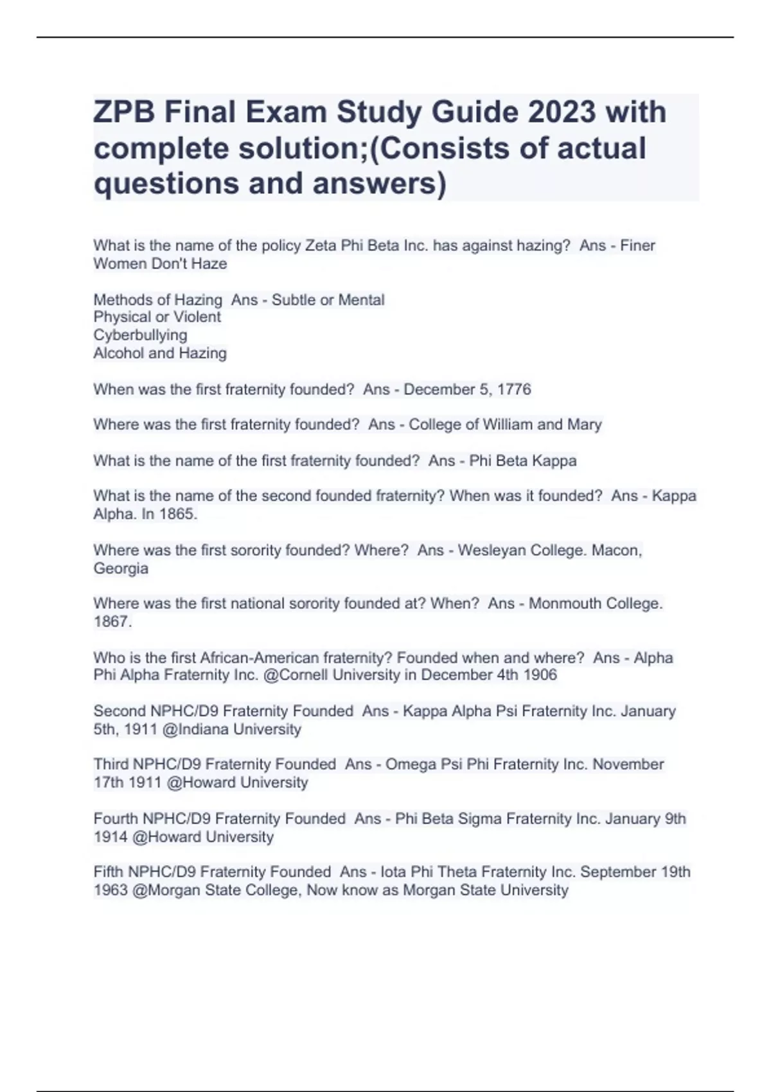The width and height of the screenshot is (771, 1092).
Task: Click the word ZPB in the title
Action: [x=123, y=113]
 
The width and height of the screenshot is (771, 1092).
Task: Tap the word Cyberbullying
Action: [x=140, y=335]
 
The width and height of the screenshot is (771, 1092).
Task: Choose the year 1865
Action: [x=178, y=514]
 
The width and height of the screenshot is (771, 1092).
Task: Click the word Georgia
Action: [x=121, y=568]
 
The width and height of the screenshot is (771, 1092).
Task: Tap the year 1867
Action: [x=112, y=622]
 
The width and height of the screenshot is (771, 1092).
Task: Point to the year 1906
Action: [x=539, y=675]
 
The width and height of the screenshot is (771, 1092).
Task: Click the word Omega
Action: [x=411, y=764]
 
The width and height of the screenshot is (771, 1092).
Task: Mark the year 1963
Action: [x=111, y=890]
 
